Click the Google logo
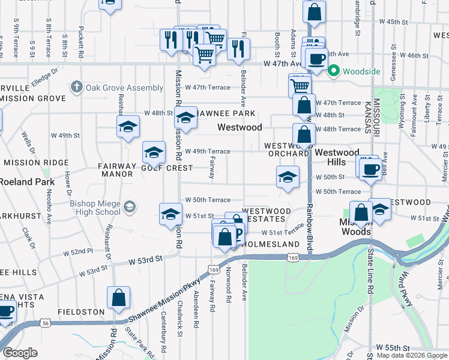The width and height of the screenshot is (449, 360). (20, 353)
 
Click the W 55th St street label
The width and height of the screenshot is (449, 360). (393, 348)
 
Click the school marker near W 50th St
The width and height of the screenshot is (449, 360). (288, 177)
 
